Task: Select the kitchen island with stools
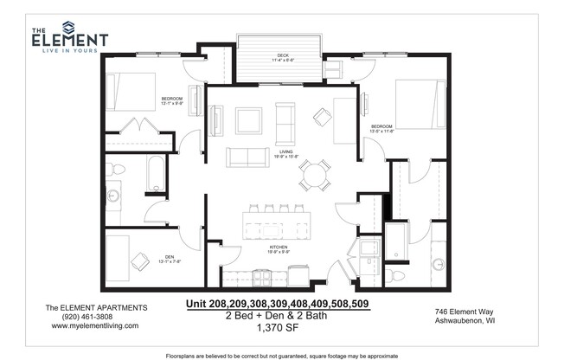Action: tap(278, 227)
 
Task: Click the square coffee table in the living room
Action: tap(249, 119)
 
